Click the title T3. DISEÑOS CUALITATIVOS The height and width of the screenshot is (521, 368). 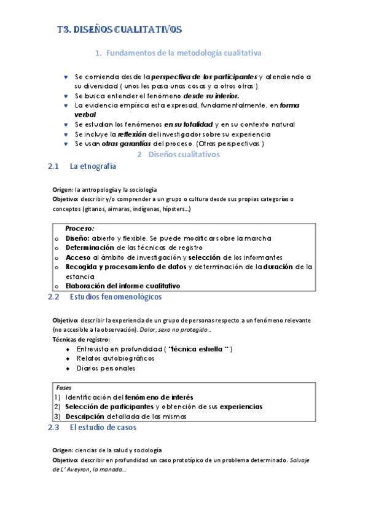[115, 29]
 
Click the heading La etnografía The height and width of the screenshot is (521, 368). [93, 166]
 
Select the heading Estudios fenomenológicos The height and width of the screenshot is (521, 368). [116, 297]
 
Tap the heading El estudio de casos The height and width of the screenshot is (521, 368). [103, 427]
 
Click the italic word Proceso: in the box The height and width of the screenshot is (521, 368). [80, 228]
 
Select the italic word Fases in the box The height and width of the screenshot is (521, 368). [63, 388]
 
